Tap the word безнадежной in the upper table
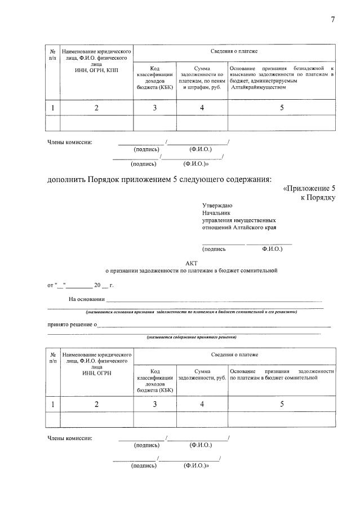(x=304, y=68)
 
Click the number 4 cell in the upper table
(x=202, y=108)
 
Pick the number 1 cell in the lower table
(x=52, y=403)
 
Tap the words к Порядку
(x=318, y=198)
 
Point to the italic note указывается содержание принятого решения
(x=191, y=337)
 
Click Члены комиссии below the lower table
(x=70, y=438)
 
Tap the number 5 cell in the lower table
(x=281, y=403)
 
